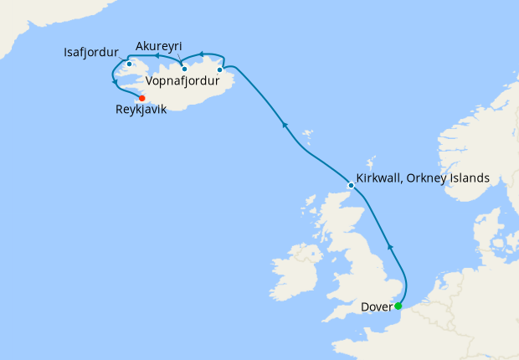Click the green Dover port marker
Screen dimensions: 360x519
click(x=398, y=306)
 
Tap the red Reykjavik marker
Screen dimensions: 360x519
click(x=141, y=98)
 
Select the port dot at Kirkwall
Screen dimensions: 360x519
click(x=351, y=185)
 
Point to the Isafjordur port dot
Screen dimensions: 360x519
click(x=129, y=64)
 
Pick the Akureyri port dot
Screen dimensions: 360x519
click(x=184, y=69)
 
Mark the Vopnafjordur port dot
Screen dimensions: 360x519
click(x=219, y=69)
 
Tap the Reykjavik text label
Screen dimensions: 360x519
click(x=141, y=109)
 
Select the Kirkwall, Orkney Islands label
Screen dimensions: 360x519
click(x=423, y=178)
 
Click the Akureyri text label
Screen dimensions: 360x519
click(x=158, y=45)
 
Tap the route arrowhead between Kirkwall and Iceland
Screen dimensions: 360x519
click(x=285, y=126)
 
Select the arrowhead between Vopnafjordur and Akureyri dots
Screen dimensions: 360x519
click(x=202, y=55)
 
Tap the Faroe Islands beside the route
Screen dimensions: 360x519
click(x=307, y=133)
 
